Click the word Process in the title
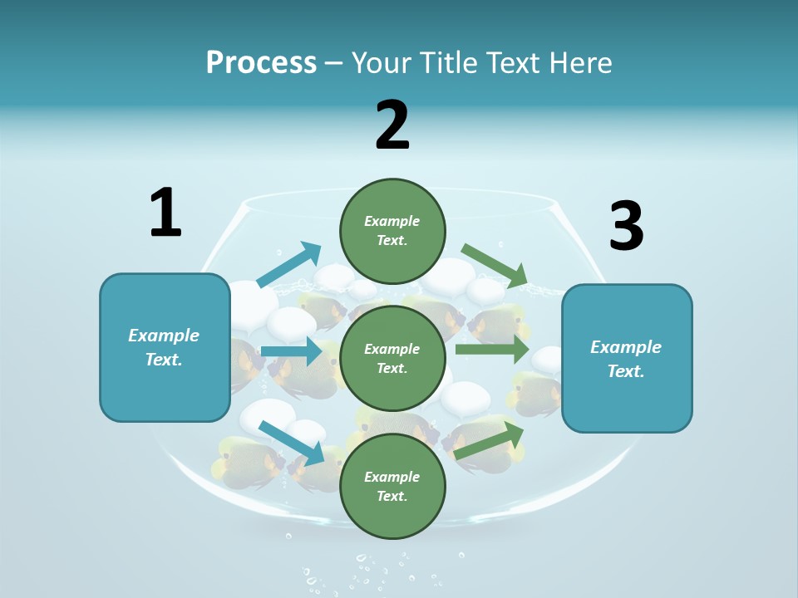click(x=261, y=62)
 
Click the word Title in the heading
click(x=446, y=62)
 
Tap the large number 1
click(x=165, y=213)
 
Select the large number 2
click(x=392, y=125)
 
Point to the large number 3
click(x=626, y=225)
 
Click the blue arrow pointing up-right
click(x=288, y=265)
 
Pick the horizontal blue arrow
click(x=291, y=351)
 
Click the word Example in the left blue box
click(x=164, y=336)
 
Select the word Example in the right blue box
click(x=626, y=347)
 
